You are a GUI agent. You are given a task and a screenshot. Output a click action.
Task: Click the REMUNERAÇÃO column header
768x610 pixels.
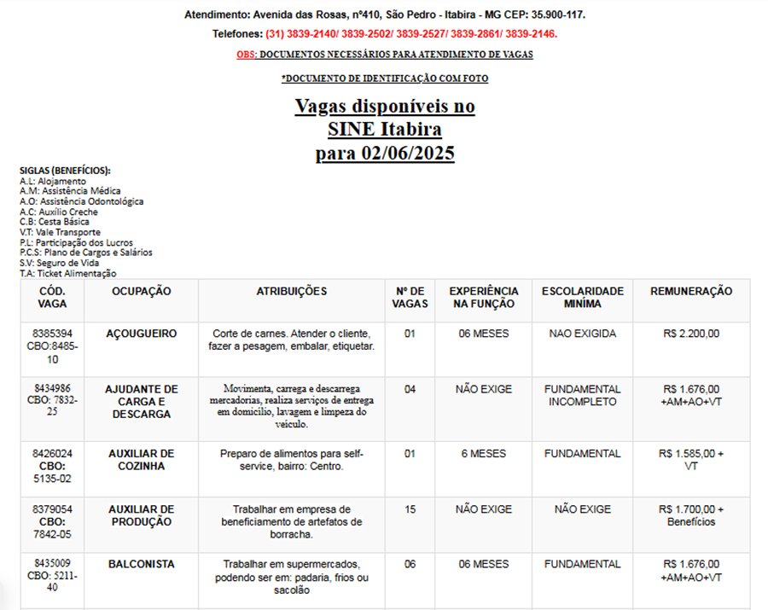[691, 292]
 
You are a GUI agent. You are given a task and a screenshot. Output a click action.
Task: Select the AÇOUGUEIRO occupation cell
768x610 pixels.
[141, 334]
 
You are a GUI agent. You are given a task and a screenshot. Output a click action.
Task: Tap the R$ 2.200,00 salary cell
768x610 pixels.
[691, 334]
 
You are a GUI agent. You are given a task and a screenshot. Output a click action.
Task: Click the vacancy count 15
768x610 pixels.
[410, 509]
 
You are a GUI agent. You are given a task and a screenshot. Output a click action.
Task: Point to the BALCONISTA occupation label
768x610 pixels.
[141, 565]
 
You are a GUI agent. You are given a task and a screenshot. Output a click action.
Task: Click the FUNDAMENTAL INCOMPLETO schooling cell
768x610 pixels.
[582, 395]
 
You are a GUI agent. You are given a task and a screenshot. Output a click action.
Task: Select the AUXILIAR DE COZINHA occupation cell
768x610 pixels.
[141, 460]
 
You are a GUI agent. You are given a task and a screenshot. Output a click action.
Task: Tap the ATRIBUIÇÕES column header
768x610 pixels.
[292, 292]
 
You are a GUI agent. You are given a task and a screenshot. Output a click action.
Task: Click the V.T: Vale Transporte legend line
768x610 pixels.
[60, 232]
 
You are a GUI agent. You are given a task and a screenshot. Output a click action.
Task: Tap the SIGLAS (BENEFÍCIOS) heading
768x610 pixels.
[65, 171]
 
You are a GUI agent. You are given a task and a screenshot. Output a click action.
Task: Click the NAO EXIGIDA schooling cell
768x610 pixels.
[582, 334]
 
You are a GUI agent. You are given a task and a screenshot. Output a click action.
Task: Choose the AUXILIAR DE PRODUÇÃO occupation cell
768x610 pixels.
[141, 515]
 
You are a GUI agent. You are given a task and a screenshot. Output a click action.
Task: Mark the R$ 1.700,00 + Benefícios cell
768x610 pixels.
[691, 515]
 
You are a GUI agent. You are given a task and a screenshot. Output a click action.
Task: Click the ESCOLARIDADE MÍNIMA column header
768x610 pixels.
[582, 297]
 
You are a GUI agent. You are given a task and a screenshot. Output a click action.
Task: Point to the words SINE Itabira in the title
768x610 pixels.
[385, 131]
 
